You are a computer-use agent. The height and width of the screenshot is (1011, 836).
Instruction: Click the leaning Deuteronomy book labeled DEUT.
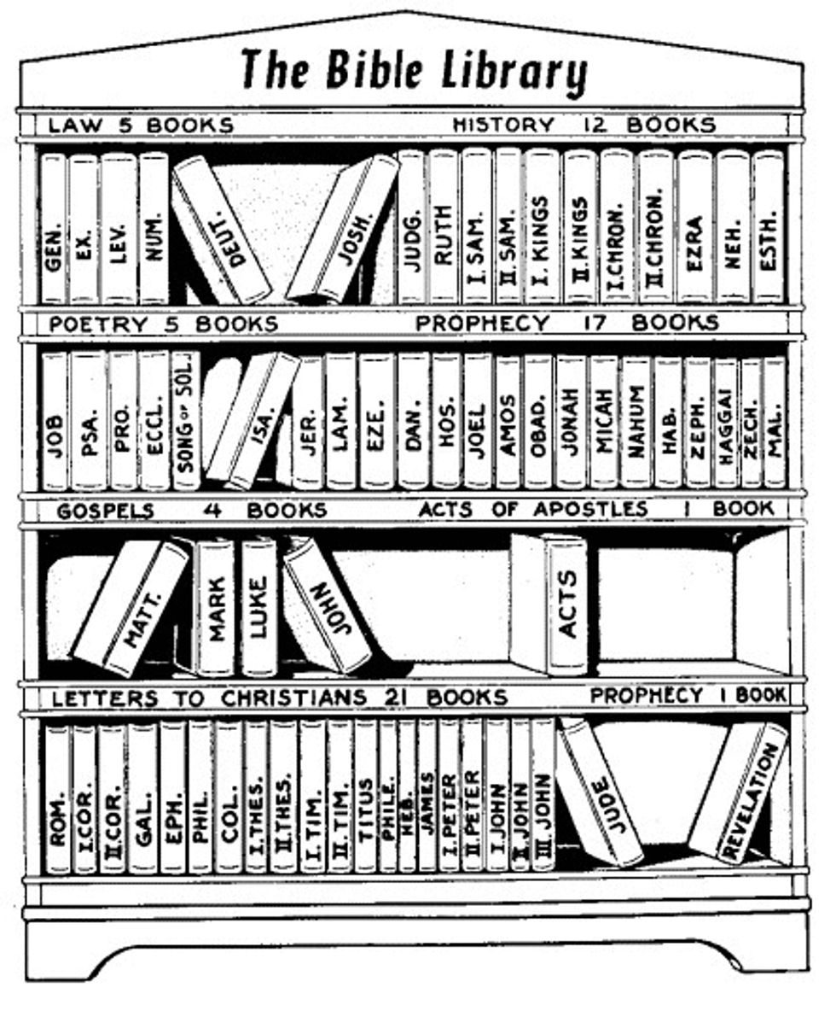[x=224, y=229]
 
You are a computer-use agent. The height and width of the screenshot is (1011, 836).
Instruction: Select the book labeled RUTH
[x=442, y=226]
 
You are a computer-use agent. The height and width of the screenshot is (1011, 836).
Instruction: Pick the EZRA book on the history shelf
[x=694, y=226]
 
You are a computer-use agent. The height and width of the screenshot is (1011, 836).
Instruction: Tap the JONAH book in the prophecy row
[x=570, y=421]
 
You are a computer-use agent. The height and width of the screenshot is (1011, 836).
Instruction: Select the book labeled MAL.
[x=774, y=421]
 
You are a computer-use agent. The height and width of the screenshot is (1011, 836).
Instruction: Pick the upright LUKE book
[x=258, y=606]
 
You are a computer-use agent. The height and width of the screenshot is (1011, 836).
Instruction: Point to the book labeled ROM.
[x=57, y=798]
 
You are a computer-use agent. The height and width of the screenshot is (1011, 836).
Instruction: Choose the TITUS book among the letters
[x=365, y=798]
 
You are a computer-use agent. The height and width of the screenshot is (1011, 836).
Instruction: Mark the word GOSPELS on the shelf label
[x=105, y=511]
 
